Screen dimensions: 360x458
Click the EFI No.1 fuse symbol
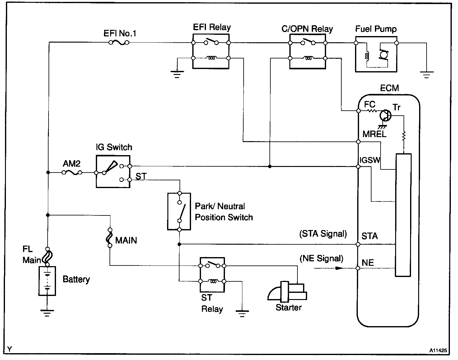[119, 43]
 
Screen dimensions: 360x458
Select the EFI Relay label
[212, 27]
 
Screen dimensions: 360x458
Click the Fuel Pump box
[376, 54]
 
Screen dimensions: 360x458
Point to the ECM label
[389, 88]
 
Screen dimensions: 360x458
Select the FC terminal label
[370, 104]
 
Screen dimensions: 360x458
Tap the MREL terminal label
[374, 134]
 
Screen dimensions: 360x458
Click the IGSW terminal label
[370, 160]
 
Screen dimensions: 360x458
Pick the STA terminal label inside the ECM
[370, 236]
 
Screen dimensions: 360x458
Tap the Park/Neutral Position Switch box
[179, 211]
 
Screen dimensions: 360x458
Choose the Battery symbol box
[47, 281]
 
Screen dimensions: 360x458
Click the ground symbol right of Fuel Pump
[426, 75]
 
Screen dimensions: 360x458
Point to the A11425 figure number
[438, 350]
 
